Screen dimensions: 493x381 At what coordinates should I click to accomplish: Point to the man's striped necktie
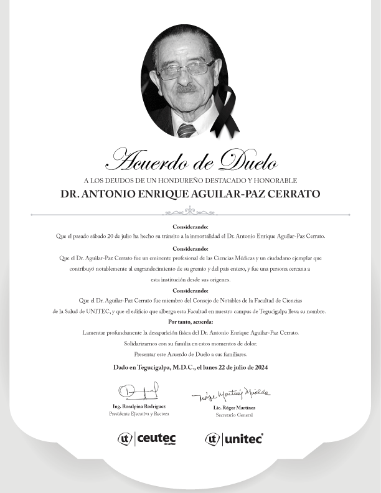pos(186,130)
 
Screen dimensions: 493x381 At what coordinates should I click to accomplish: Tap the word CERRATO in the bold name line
pos(292,194)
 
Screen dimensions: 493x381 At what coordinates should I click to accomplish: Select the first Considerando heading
pos(190,227)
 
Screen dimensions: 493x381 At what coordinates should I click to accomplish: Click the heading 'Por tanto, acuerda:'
pos(190,322)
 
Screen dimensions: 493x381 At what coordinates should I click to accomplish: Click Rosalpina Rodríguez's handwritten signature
pos(138,392)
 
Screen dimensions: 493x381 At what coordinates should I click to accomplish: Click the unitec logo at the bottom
pos(234,439)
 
